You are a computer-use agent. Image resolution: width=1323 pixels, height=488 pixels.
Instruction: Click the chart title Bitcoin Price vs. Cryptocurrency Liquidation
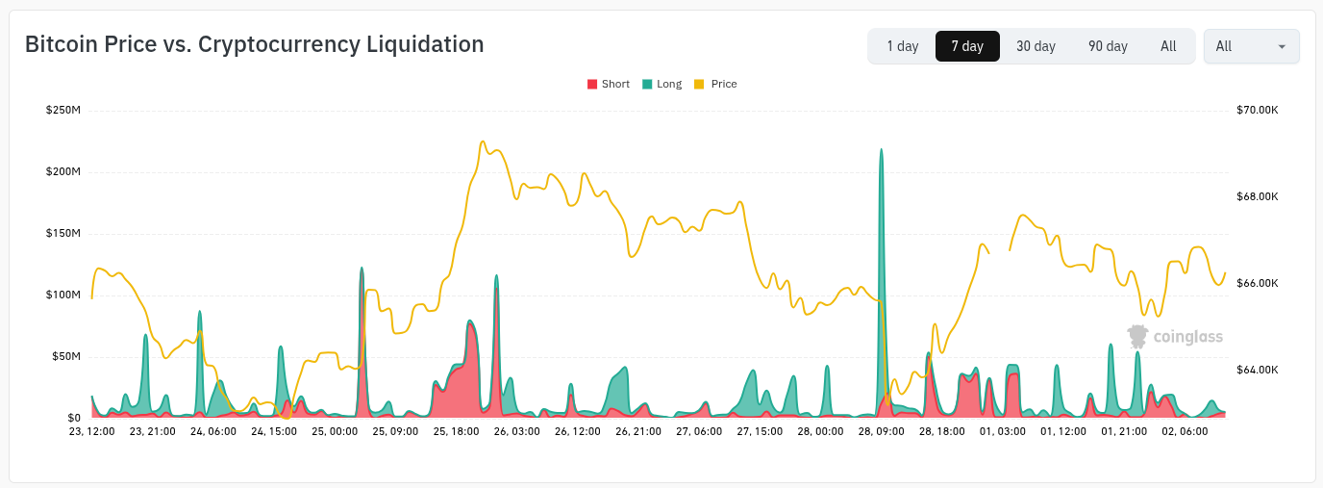254,44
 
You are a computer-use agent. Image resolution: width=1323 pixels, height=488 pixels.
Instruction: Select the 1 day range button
902,46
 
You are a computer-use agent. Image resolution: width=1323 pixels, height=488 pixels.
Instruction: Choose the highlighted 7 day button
967,46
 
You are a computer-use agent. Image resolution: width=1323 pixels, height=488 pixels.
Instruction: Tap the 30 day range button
1036,46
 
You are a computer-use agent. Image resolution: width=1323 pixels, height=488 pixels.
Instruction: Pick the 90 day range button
1108,46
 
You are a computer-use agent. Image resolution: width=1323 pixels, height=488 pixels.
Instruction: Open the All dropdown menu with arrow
1251,46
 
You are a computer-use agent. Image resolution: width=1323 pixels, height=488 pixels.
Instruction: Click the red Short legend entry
609,84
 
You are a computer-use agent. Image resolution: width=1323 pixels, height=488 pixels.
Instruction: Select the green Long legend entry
662,84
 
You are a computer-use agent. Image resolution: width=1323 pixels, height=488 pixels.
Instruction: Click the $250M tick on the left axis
62,110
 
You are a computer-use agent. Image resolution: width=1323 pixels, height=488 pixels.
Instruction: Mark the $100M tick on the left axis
62,295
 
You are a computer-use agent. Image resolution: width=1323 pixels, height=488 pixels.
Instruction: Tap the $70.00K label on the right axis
1257,110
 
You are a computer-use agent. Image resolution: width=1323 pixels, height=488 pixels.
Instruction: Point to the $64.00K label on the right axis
1257,370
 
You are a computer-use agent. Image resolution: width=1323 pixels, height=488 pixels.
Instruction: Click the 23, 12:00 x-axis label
91,431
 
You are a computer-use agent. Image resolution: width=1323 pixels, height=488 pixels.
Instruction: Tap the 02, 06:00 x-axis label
1185,431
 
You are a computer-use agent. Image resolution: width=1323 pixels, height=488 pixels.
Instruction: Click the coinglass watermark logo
1175,336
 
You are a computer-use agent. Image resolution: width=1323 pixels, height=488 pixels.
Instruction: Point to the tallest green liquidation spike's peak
881,150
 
